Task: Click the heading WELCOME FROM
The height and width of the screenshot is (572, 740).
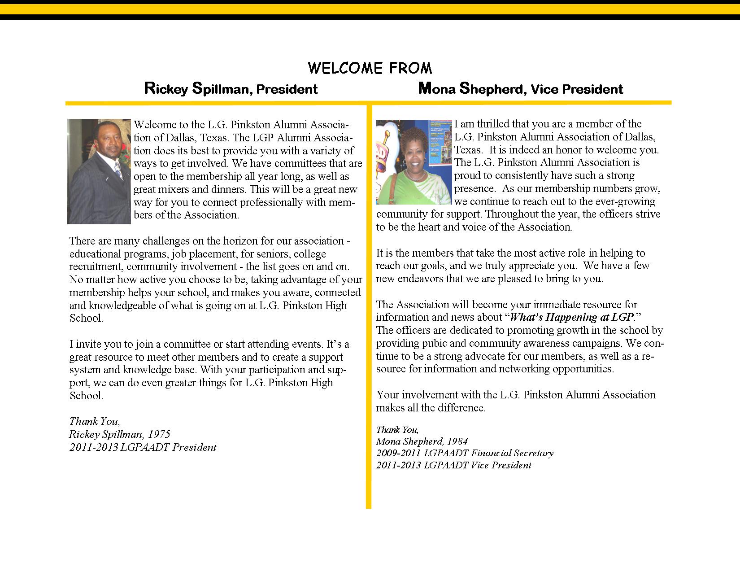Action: coord(370,68)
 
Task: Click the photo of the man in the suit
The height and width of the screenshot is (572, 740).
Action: coord(99,171)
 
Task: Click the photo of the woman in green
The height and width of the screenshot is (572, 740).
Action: coord(414,162)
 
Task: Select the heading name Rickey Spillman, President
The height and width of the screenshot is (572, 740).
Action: coord(231,88)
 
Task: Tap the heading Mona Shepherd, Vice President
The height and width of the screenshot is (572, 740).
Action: coord(520,88)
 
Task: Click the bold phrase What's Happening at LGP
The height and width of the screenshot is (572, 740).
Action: coord(572,318)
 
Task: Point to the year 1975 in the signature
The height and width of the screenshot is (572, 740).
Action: coord(159,434)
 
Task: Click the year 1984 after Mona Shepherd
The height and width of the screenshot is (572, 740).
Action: coord(457,441)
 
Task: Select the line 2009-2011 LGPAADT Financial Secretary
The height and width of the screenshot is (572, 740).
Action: coord(465,453)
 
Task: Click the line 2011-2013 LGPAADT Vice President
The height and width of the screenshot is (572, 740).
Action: coord(453,465)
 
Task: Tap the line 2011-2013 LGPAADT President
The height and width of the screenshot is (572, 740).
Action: coord(143,447)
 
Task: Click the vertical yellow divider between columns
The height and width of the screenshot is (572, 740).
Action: coord(369,314)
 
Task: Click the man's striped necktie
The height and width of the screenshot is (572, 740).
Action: coord(118,170)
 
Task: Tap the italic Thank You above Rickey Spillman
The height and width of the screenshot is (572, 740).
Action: coord(94,421)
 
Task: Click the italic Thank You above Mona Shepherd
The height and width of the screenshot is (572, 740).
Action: coord(397,430)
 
